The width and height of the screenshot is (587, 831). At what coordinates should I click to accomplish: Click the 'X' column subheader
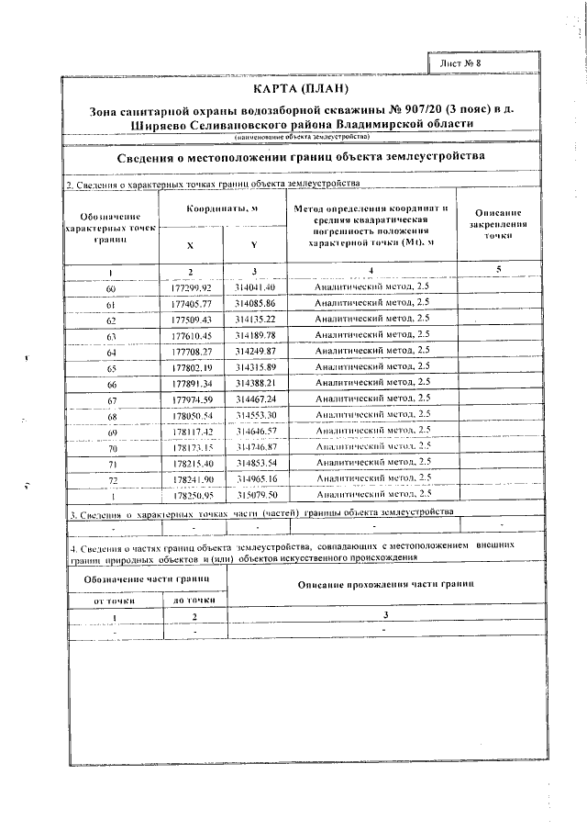coord(190,246)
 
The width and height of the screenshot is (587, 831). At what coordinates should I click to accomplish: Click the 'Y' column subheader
coord(253,246)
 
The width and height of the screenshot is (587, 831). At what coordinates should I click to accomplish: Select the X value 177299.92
coord(191,287)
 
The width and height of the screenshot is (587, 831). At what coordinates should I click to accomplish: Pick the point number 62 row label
coord(111,320)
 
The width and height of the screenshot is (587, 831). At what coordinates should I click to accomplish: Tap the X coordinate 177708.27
coord(191,351)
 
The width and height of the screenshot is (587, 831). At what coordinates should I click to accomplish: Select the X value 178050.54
coord(191,415)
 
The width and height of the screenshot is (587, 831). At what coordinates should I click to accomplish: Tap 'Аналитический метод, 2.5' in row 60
coord(371,287)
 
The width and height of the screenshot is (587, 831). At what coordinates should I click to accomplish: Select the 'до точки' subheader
coord(194,600)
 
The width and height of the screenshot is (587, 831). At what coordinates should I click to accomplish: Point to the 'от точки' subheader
coord(115,600)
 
